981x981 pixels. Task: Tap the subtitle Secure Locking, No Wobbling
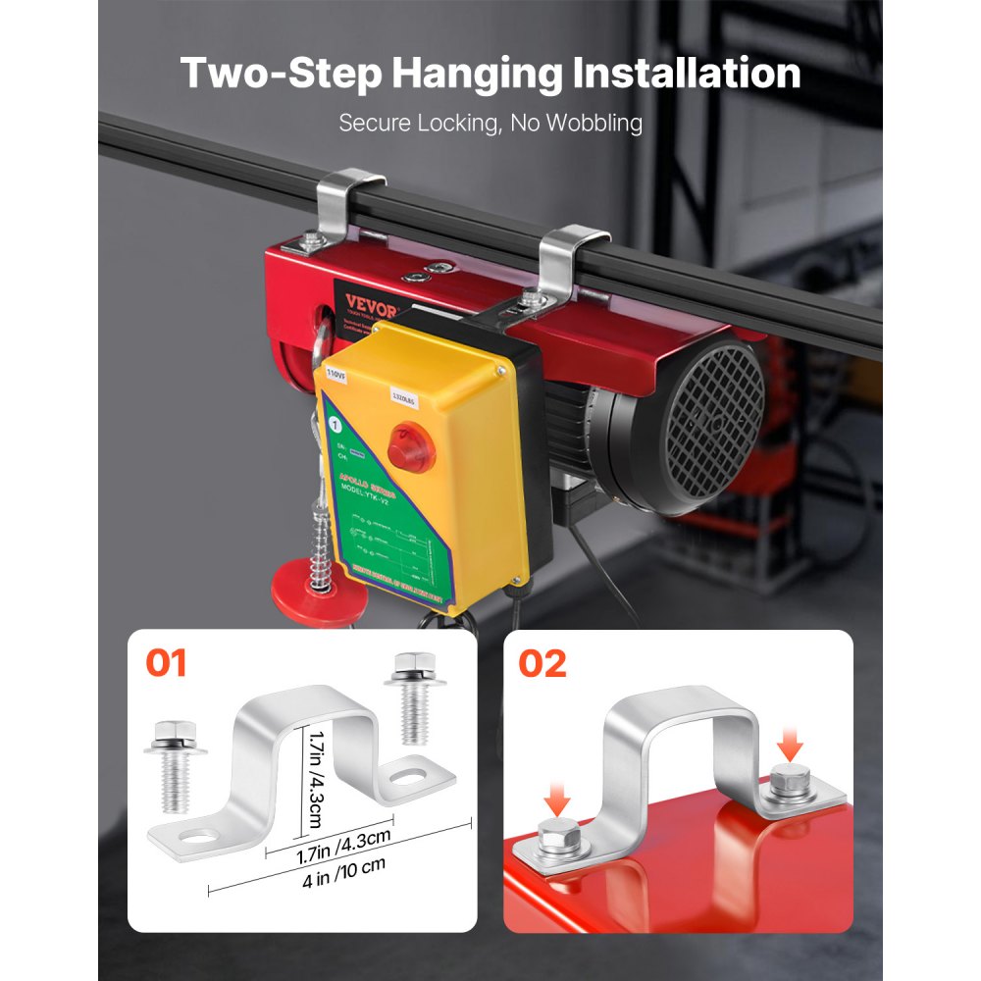tap(490, 124)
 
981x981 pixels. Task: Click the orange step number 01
tap(166, 663)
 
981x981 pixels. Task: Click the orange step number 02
tap(542, 663)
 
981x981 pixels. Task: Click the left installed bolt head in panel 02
tap(556, 842)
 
